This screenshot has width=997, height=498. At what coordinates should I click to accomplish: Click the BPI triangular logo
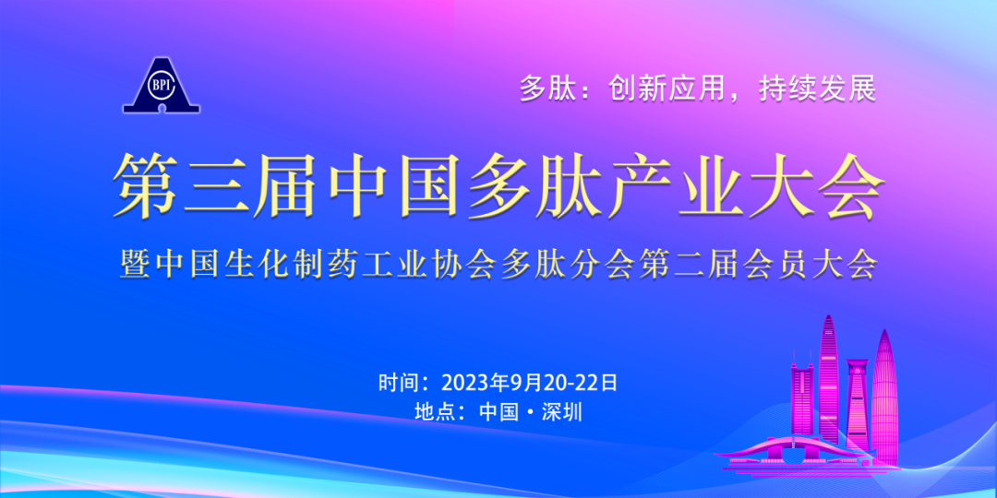[162, 86]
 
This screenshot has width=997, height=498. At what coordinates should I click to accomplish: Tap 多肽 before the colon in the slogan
[546, 89]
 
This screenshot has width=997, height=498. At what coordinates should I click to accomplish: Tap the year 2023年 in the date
[476, 382]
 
